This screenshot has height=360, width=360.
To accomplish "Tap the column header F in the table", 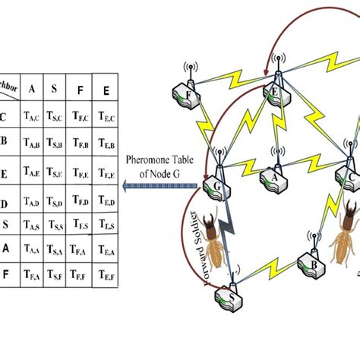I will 78,88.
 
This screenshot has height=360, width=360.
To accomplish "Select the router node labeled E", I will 276,91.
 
